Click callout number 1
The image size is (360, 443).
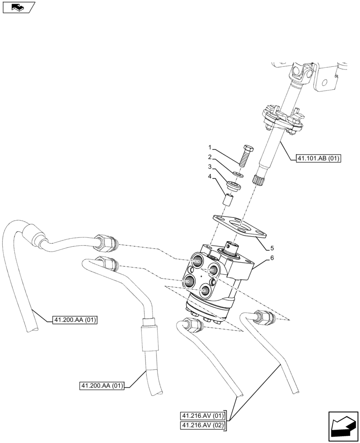pyautogui.click(x=211, y=147)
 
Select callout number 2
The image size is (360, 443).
pyautogui.click(x=211, y=157)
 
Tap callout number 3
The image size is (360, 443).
pyautogui.click(x=211, y=167)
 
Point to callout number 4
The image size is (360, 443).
pyautogui.click(x=211, y=177)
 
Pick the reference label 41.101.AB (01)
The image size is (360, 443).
pyautogui.click(x=317, y=158)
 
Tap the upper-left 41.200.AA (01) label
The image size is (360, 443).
pyautogui.click(x=75, y=319)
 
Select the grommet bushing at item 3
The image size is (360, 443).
pyautogui.click(x=233, y=186)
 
